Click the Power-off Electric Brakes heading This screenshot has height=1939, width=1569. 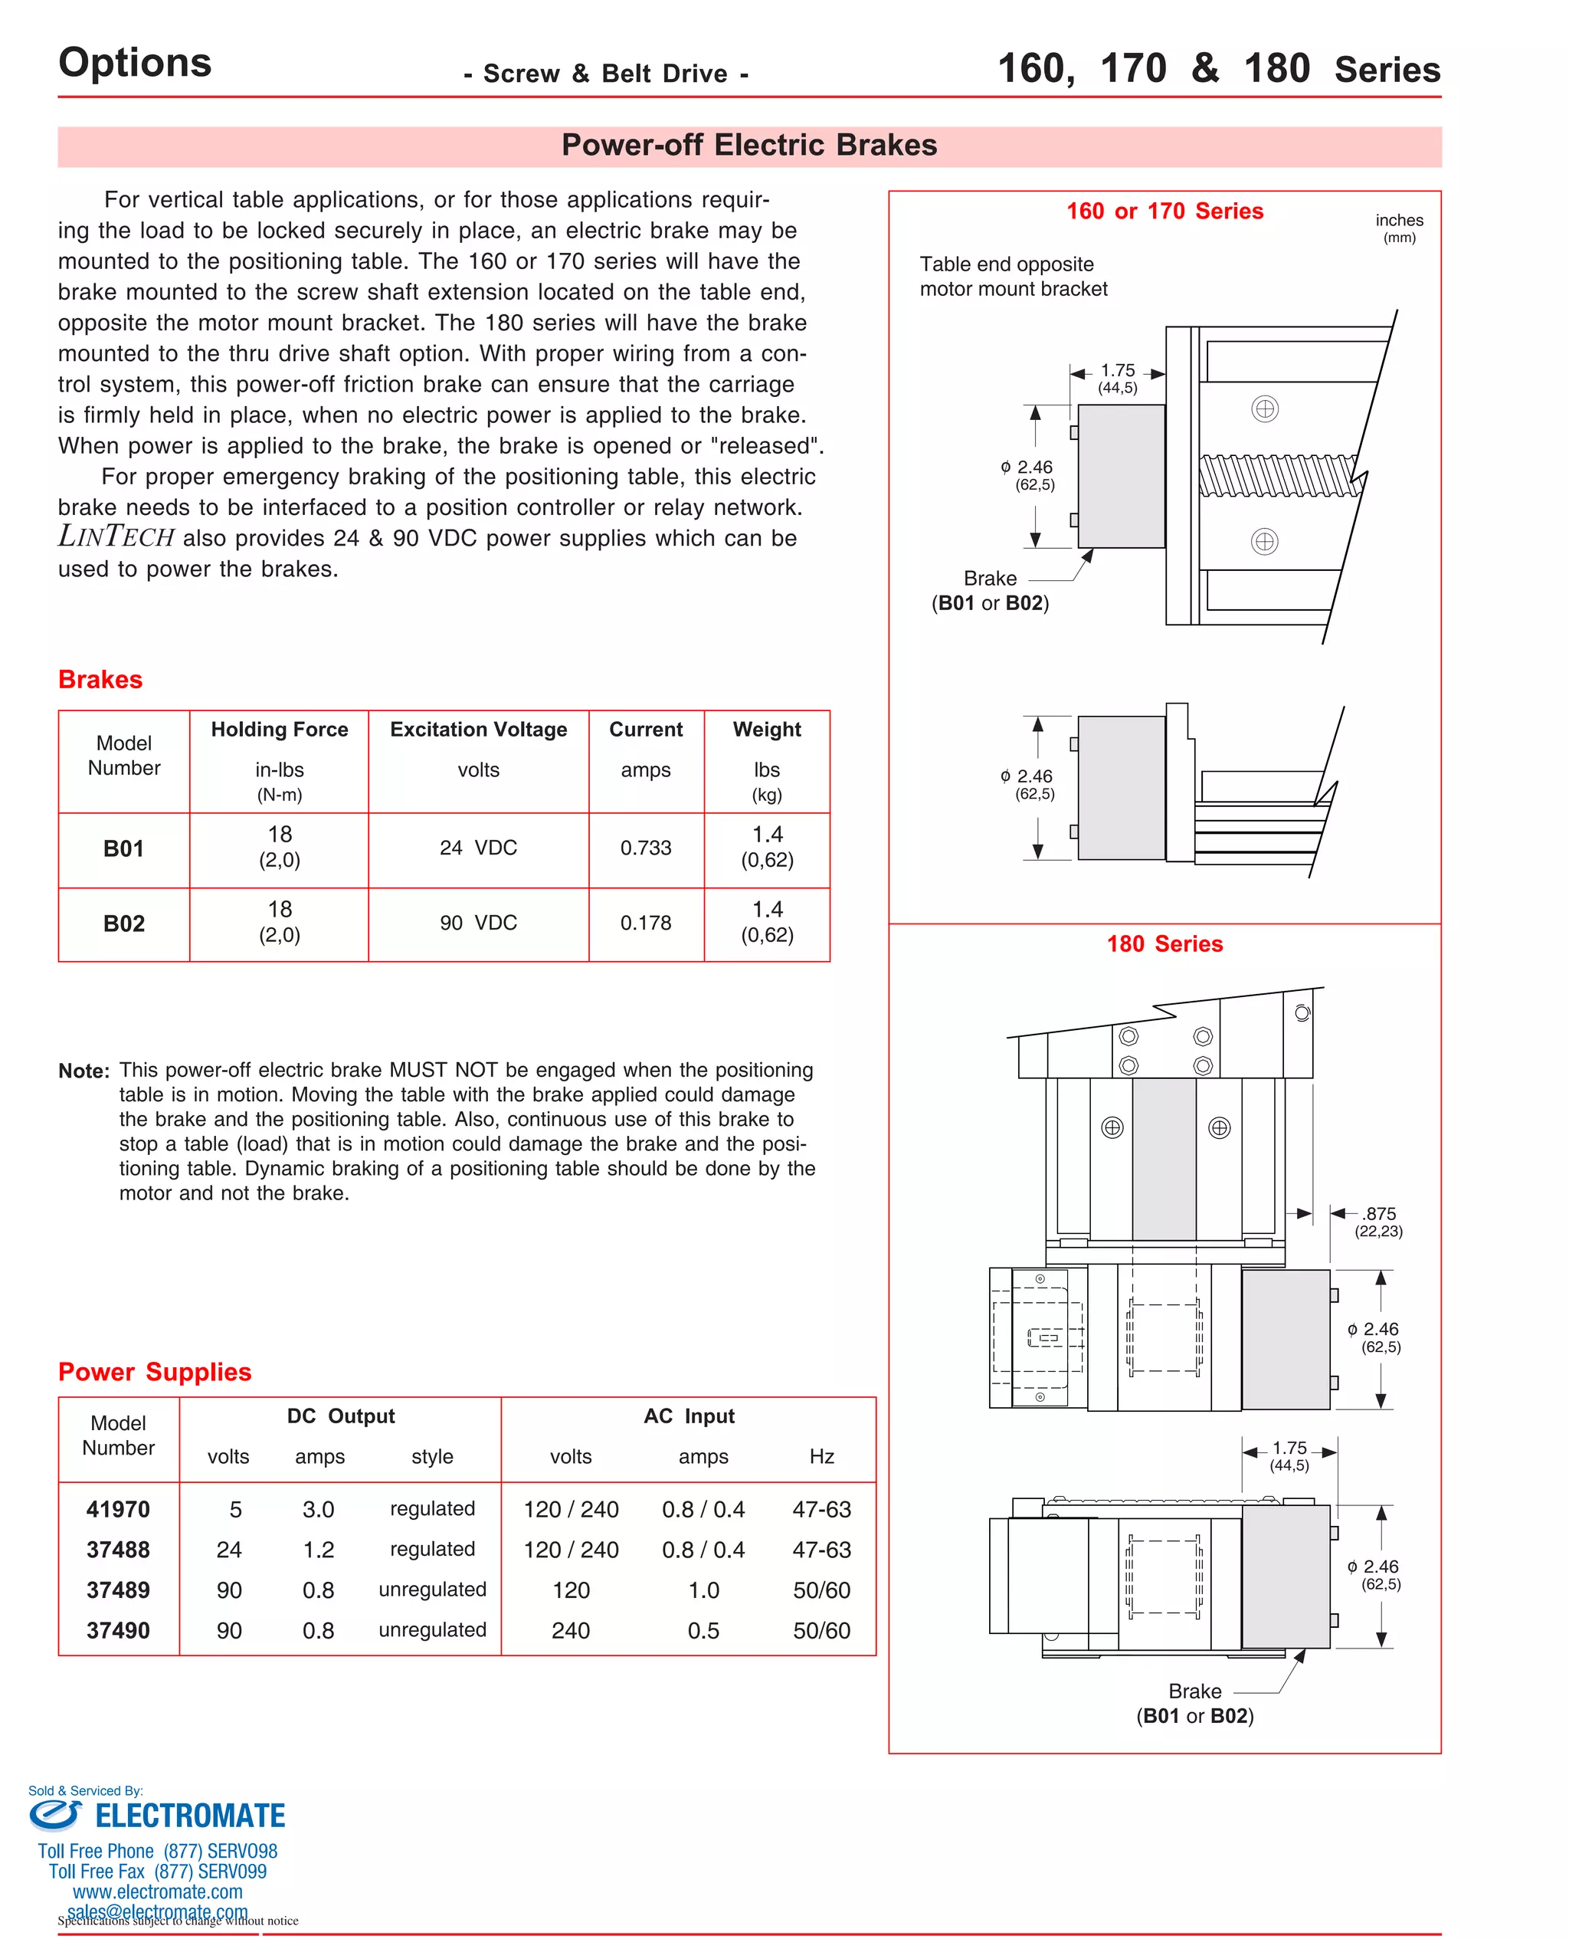click(x=748, y=146)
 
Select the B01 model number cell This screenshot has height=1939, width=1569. click(x=124, y=849)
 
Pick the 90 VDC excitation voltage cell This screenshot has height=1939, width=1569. click(x=478, y=923)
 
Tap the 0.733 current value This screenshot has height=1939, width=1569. click(x=645, y=848)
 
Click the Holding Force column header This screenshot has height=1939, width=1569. click(x=280, y=730)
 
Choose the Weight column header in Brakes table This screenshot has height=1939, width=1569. click(x=766, y=730)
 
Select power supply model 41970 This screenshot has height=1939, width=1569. click(x=119, y=1510)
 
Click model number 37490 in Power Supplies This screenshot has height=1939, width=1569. click(x=119, y=1631)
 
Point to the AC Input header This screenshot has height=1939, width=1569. click(x=689, y=1416)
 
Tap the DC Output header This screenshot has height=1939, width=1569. click(x=341, y=1416)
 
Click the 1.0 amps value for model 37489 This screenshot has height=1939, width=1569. click(x=703, y=1590)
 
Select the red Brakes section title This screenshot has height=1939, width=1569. click(x=100, y=680)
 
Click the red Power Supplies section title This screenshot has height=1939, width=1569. click(x=155, y=1372)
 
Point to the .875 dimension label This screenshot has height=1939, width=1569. click(x=1379, y=1214)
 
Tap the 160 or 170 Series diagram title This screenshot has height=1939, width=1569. click(x=1164, y=212)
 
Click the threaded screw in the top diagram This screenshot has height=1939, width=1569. click(x=1278, y=475)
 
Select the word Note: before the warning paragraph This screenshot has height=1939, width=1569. click(x=84, y=1071)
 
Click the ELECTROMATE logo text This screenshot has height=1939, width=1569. click(x=190, y=1816)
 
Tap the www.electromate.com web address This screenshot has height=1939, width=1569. click(x=157, y=1892)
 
